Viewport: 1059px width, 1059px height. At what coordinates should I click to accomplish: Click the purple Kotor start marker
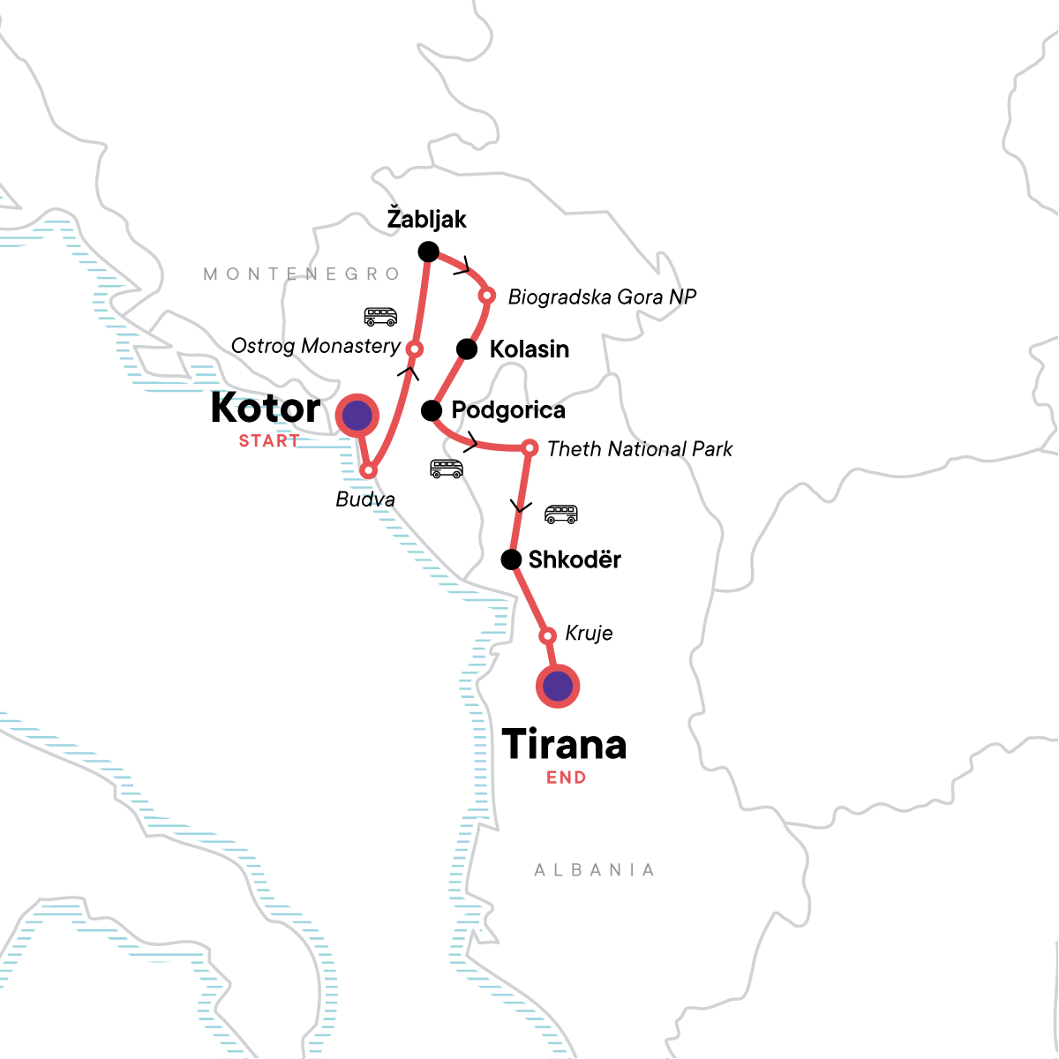[357, 415]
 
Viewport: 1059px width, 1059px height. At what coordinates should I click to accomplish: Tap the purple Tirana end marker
[558, 686]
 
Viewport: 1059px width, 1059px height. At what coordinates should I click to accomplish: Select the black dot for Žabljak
[428, 252]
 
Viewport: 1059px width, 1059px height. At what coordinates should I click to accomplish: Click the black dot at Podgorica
[432, 410]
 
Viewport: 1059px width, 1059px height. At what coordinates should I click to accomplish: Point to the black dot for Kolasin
[467, 349]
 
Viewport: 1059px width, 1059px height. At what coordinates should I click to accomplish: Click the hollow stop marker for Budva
[369, 470]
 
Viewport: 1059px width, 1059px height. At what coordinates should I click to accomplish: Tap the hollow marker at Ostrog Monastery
[413, 349]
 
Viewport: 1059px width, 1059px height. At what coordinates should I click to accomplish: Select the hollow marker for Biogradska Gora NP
[485, 295]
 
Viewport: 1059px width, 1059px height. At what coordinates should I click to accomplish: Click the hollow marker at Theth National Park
[529, 448]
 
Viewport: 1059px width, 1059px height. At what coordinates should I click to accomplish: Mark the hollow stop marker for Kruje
[547, 635]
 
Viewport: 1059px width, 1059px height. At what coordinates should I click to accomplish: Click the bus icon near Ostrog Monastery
[380, 316]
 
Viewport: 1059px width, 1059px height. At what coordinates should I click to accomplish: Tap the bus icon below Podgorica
[447, 469]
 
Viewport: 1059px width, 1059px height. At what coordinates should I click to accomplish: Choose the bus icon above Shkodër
[561, 514]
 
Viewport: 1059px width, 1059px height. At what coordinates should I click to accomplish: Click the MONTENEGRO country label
[303, 274]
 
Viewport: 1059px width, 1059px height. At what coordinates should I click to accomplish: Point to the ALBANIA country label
[595, 870]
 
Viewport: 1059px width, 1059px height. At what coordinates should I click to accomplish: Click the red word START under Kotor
[269, 440]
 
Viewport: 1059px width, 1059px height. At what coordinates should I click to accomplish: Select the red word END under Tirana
[566, 777]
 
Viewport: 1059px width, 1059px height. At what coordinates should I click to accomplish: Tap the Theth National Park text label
[640, 449]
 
